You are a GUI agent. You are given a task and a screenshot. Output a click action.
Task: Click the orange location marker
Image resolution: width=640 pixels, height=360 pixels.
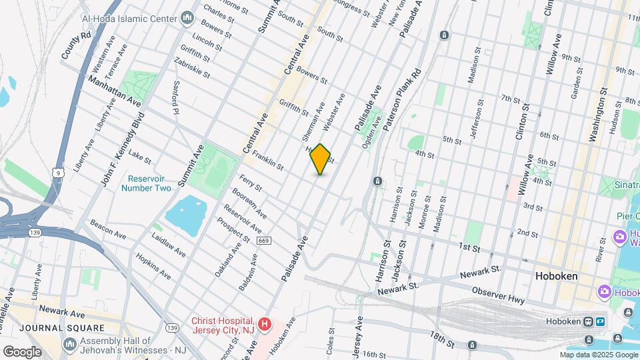(321, 159)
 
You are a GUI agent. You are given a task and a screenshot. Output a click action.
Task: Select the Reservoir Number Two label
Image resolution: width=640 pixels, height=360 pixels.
(146, 183)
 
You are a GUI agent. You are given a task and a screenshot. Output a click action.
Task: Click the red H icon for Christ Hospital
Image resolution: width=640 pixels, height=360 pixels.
(265, 325)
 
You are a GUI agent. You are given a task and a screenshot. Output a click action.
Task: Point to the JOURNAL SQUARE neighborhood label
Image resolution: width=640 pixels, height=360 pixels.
(62, 328)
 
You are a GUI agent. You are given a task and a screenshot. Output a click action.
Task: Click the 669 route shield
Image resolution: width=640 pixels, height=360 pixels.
(263, 240)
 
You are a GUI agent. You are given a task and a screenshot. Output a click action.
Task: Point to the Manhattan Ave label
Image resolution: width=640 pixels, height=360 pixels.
(115, 92)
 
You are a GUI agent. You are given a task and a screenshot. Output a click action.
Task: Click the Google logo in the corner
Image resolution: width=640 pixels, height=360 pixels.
(22, 351)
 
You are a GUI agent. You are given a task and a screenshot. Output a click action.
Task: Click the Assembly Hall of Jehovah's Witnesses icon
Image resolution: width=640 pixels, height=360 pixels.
(70, 344)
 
